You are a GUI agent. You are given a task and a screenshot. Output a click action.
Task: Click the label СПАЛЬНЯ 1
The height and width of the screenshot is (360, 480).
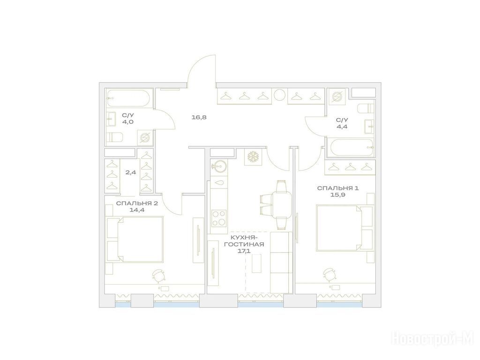(x=337, y=188)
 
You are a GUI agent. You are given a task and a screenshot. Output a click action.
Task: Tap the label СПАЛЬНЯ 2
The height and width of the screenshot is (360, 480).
(x=137, y=203)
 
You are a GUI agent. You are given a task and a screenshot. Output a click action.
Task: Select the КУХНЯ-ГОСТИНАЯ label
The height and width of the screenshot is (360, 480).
(x=244, y=241)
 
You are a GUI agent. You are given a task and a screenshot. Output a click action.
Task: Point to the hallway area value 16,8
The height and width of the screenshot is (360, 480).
(x=199, y=117)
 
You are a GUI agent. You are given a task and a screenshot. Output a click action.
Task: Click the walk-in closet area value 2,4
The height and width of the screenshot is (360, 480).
(x=131, y=172)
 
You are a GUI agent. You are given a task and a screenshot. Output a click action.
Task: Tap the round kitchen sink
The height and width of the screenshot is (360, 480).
(x=219, y=166)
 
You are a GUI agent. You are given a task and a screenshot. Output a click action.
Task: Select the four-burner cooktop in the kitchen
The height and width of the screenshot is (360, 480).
(x=219, y=217)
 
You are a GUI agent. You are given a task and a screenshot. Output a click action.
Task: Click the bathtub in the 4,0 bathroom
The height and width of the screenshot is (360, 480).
(x=128, y=98)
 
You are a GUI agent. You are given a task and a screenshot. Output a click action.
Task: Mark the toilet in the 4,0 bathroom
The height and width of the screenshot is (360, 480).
(x=114, y=137)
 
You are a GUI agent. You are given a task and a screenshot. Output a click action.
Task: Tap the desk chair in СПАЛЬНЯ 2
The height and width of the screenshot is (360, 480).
(x=159, y=275)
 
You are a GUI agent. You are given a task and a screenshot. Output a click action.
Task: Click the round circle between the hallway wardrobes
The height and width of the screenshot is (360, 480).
(x=279, y=95)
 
